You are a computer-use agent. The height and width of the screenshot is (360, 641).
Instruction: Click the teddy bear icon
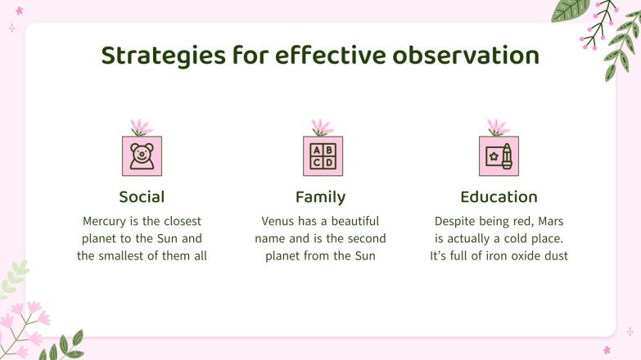(142, 155)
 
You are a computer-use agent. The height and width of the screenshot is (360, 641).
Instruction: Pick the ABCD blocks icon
(323, 155)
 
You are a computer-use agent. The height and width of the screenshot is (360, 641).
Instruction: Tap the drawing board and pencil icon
(499, 155)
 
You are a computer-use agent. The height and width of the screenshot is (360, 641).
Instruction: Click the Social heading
(142, 197)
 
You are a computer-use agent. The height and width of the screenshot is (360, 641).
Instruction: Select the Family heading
(320, 197)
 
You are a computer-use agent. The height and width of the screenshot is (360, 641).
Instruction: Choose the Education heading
(499, 197)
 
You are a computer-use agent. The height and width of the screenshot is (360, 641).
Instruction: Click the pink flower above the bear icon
(142, 128)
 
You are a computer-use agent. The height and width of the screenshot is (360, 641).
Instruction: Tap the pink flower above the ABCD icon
(322, 128)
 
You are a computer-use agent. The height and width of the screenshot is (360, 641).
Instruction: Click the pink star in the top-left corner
(19, 11)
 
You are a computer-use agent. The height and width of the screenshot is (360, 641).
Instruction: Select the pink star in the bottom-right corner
(607, 349)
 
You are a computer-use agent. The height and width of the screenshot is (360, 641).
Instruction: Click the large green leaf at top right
(570, 9)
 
